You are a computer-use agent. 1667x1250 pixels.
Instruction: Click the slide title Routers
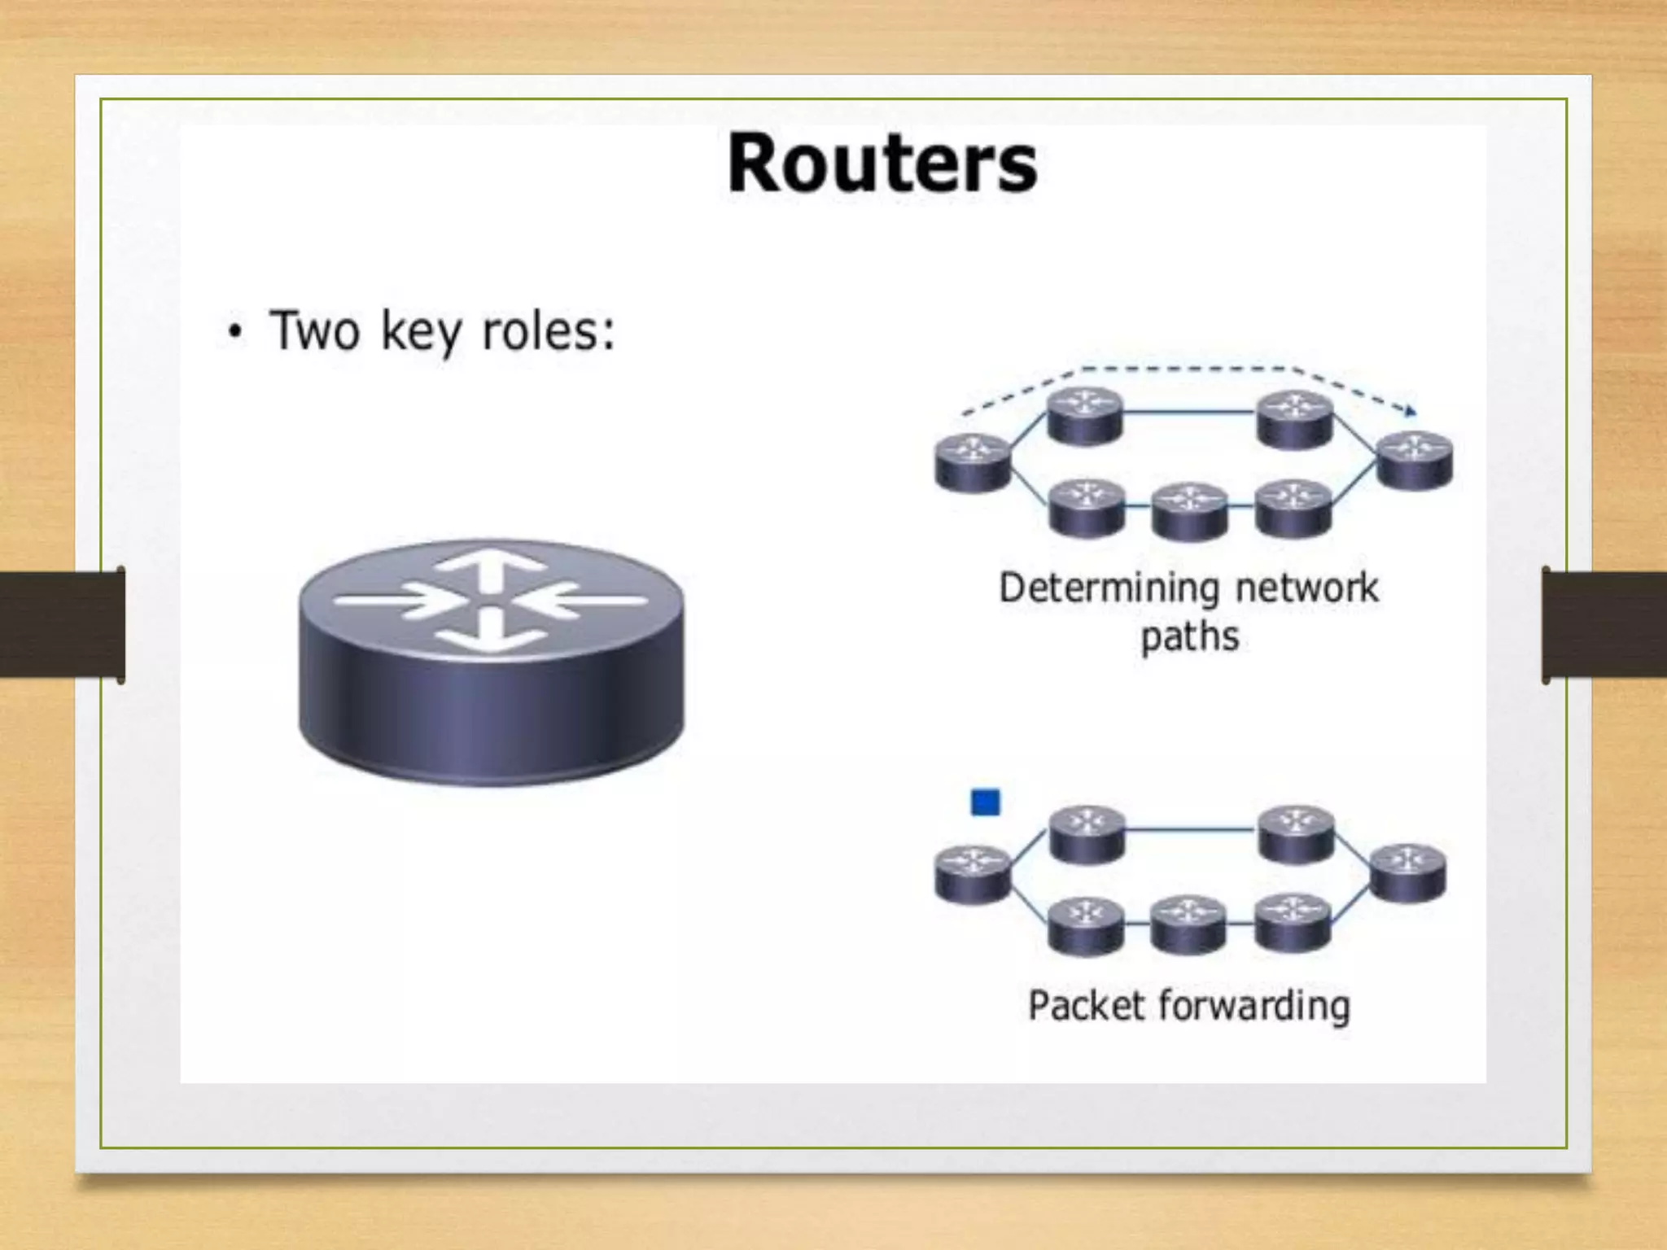[882, 164]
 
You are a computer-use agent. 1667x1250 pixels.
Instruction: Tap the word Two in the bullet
[314, 331]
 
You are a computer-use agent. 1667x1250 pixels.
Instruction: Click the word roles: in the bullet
[548, 331]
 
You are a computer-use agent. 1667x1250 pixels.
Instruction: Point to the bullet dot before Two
[235, 334]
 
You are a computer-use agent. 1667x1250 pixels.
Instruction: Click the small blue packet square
[986, 802]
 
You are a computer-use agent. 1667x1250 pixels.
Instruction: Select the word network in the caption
[1307, 588]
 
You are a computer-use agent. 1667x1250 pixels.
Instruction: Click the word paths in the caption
[1189, 637]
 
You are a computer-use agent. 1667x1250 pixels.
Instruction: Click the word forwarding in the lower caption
[1254, 1007]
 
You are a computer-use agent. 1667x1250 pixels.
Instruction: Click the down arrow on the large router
[488, 633]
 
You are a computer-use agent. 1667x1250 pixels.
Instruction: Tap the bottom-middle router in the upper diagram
[1189, 511]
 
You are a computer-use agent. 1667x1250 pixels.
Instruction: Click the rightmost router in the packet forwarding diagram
[1408, 873]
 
